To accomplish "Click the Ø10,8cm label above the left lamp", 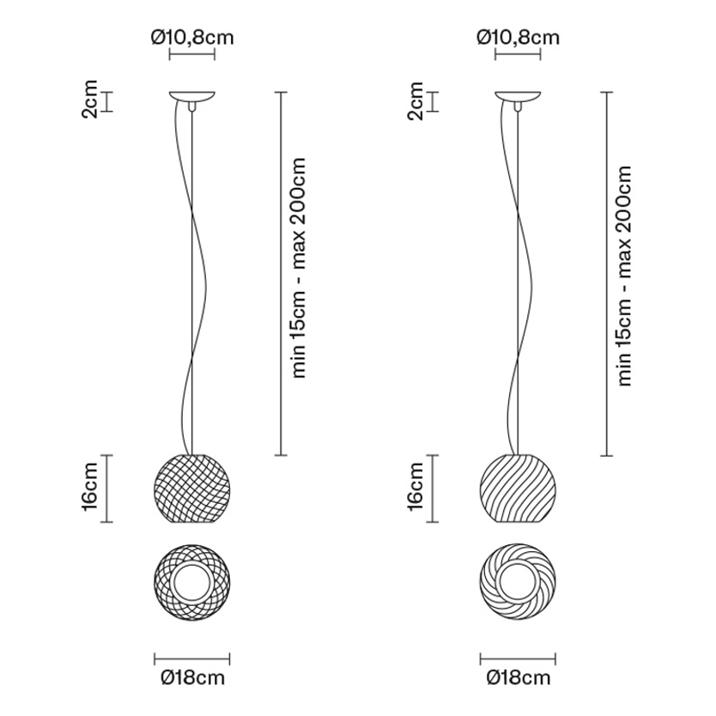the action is point(192,38).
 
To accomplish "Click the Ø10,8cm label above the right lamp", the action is point(518,38).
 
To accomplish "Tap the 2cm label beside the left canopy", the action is point(90,99).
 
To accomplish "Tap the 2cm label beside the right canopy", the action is point(416,100).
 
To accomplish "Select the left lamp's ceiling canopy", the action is point(192,96).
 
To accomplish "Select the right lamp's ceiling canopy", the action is point(518,96).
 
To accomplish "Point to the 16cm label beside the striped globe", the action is point(416,486).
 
